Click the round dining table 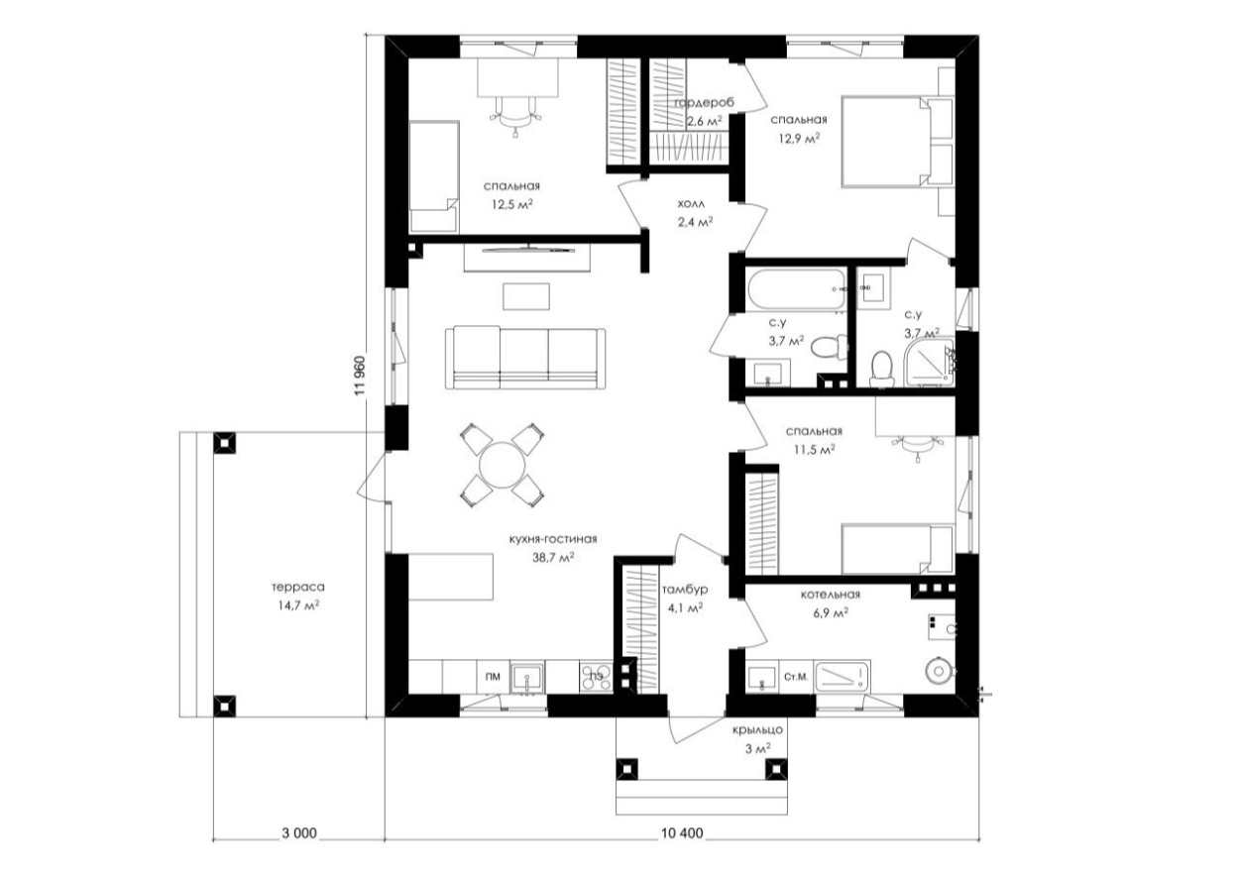(x=502, y=465)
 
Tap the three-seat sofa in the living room (x=525, y=358)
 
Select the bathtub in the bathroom (x=795, y=289)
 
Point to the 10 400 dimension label (x=682, y=848)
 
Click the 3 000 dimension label (x=299, y=848)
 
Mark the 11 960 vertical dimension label (x=360, y=376)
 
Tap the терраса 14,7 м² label (x=298, y=597)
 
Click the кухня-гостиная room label (x=553, y=539)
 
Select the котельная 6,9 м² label (x=830, y=603)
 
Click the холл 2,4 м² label (x=694, y=213)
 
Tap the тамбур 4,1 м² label (x=684, y=599)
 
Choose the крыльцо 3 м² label (x=757, y=738)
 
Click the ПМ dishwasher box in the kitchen (x=493, y=677)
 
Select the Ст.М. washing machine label (x=796, y=677)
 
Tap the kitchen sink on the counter (x=527, y=678)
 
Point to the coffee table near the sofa (x=526, y=296)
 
